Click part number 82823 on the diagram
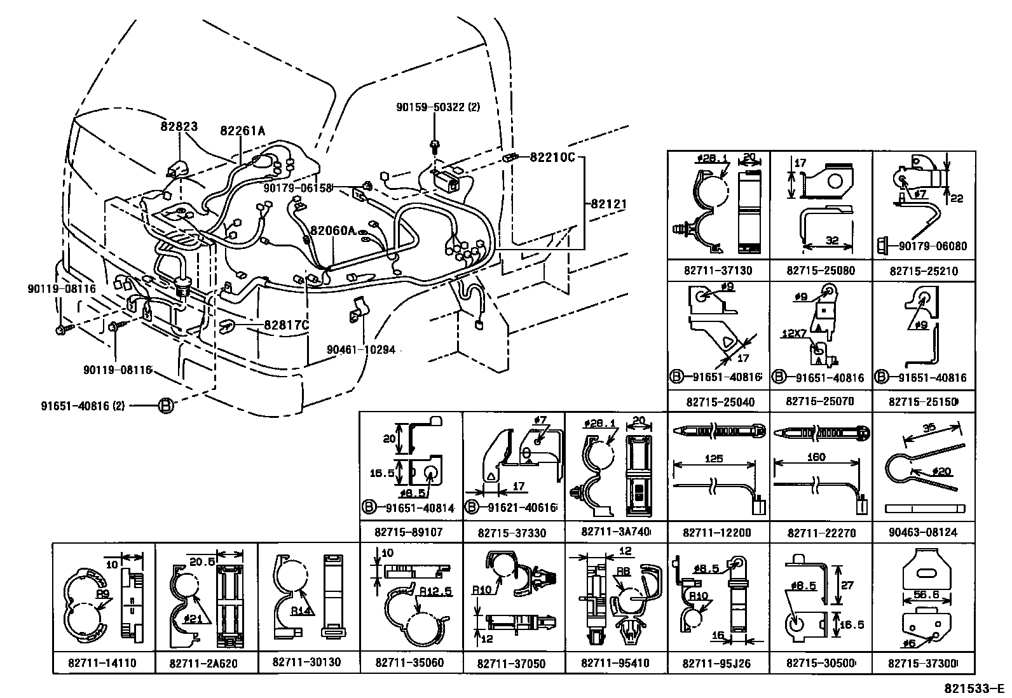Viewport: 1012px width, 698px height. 179,127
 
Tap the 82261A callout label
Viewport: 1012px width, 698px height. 242,131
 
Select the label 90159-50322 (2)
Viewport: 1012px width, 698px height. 438,107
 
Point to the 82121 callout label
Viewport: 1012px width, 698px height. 609,205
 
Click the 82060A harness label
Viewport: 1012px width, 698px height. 332,231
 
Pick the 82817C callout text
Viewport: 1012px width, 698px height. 286,326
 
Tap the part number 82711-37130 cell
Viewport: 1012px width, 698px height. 718,271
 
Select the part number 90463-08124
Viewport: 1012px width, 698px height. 923,532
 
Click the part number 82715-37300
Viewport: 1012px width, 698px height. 923,663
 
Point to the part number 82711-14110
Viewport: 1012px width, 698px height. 103,663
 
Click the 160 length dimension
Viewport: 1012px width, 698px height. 816,457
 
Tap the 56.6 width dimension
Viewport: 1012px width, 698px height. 933,594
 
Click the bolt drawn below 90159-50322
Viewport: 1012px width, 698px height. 435,147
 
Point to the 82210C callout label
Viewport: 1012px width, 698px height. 552,157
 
